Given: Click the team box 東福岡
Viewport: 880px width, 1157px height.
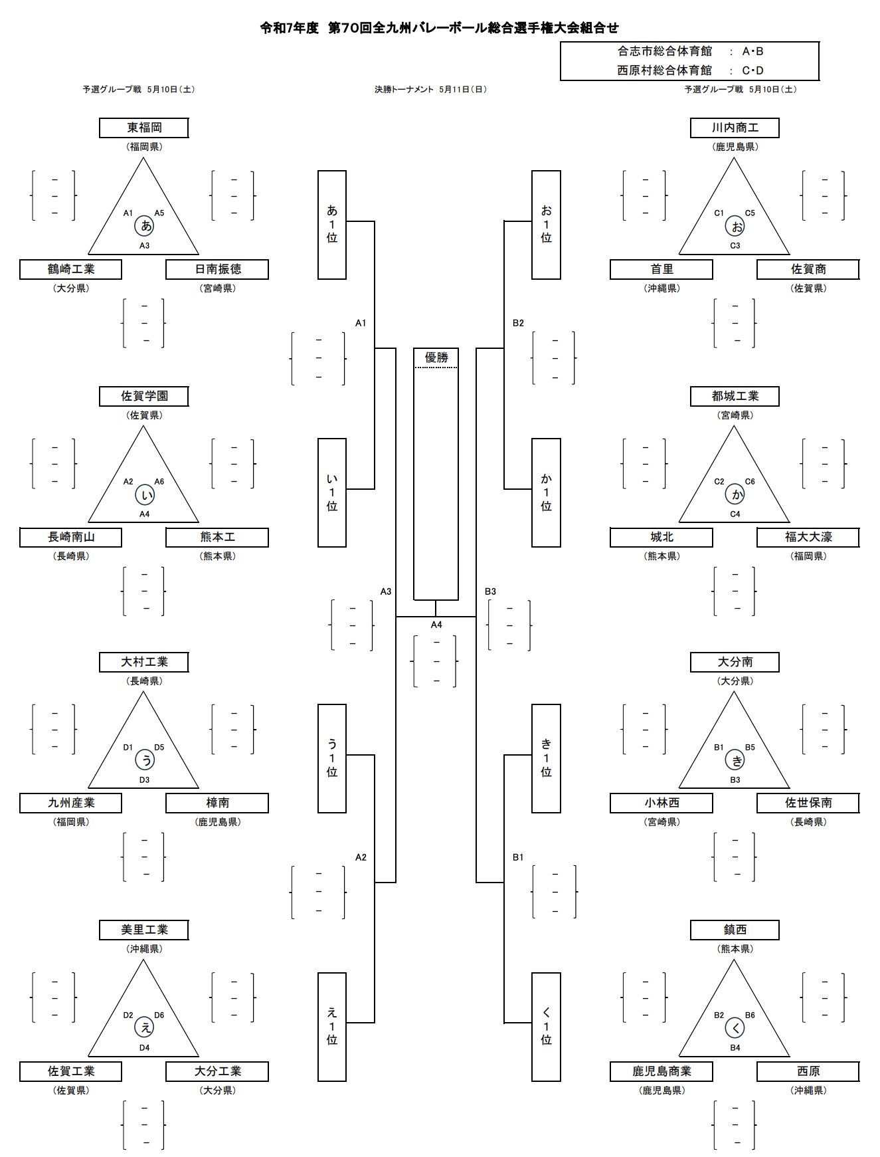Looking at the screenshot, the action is pyautogui.click(x=144, y=128).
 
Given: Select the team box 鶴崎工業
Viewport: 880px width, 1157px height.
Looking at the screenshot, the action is pyautogui.click(x=71, y=269).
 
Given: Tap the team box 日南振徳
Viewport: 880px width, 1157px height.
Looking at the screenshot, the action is pyautogui.click(x=217, y=269).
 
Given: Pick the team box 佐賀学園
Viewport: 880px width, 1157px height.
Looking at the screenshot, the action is pyautogui.click(x=144, y=396).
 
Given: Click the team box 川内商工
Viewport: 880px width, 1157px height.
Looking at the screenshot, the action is pyautogui.click(x=735, y=128).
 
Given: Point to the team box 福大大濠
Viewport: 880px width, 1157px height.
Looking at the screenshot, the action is pyautogui.click(x=808, y=537).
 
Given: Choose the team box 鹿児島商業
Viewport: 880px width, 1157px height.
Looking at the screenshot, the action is pyautogui.click(x=661, y=1071).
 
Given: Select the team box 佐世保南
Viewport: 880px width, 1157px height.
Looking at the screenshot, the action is pyautogui.click(x=808, y=803).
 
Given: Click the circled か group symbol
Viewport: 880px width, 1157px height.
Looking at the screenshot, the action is pyautogui.click(x=735, y=494).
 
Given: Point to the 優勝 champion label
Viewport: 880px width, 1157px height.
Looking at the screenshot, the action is pyautogui.click(x=436, y=358).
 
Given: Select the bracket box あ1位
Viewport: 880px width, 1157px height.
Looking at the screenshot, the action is pyautogui.click(x=332, y=225).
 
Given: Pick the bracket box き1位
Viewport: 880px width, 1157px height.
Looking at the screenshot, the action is pyautogui.click(x=546, y=758).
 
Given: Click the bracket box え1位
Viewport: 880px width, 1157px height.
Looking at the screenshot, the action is pyautogui.click(x=332, y=1027).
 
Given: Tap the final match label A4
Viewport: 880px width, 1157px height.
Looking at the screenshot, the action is pyautogui.click(x=436, y=625).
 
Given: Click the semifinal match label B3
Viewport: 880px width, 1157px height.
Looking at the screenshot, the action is pyautogui.click(x=491, y=591).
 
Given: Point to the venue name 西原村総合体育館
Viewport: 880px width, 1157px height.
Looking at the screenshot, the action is pyautogui.click(x=665, y=70).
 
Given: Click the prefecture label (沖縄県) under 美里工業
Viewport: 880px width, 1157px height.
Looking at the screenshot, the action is pyautogui.click(x=144, y=949).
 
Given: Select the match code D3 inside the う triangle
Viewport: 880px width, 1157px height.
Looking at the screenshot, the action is pyautogui.click(x=144, y=780).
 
